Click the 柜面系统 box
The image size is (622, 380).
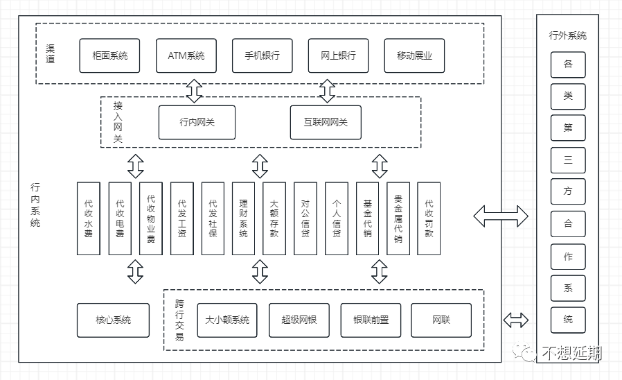coord(109,55)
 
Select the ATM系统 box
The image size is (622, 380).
coord(186,55)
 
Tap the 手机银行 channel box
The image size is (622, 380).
coord(263,55)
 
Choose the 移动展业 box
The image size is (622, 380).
coord(414,55)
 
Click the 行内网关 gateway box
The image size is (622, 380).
coord(197,122)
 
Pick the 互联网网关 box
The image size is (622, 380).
coord(326,122)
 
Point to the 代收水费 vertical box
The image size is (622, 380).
coord(89,218)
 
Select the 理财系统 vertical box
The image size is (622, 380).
coord(243,218)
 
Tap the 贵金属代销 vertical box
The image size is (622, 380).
coord(398,218)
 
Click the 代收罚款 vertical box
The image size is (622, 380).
coord(429,218)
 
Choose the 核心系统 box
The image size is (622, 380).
coord(113,320)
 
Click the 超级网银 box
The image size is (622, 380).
coord(299,320)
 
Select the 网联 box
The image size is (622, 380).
coord(441,320)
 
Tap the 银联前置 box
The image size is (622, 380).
coord(371,320)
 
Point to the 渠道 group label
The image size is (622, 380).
coord(50,53)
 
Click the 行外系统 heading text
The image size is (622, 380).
coord(568,36)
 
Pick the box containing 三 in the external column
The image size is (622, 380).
coord(568,160)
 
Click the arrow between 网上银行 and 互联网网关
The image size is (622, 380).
coord(327,91)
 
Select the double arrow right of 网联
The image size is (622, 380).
coord(516,320)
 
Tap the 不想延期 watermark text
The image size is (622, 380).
coord(571,352)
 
